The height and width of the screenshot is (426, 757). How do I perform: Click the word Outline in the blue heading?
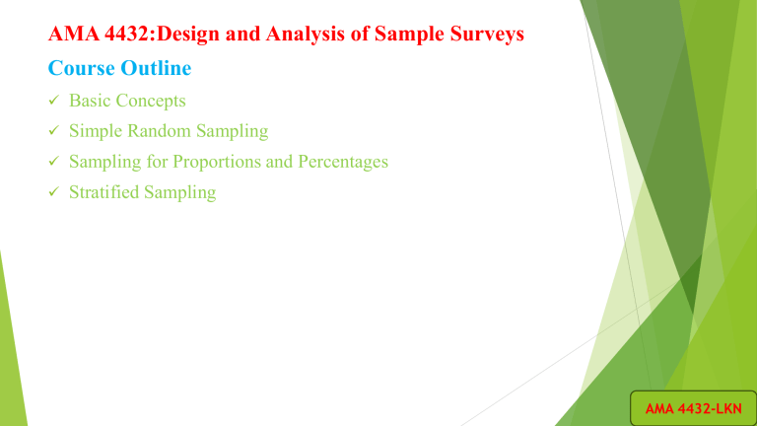[154, 71]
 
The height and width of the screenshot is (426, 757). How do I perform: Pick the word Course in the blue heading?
[79, 71]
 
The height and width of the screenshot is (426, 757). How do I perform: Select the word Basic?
[92, 101]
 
